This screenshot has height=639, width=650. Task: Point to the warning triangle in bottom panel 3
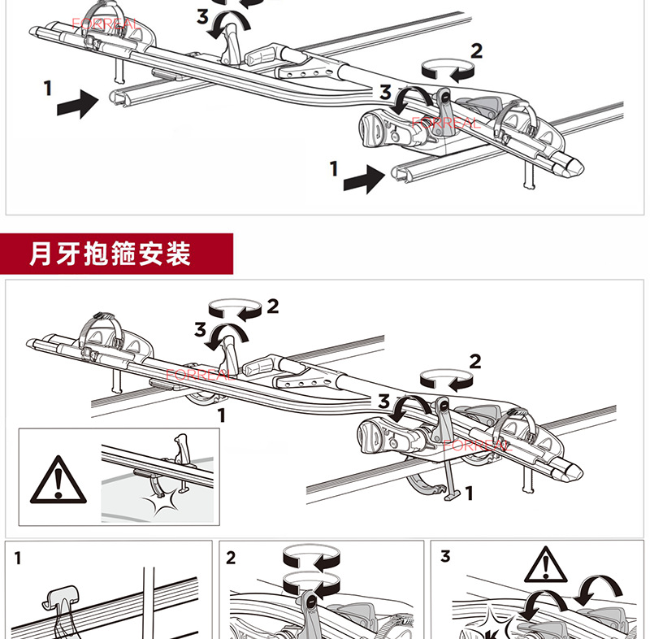[x=545, y=562]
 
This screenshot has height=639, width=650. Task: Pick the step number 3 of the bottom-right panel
[x=444, y=558]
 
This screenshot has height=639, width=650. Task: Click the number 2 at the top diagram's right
[x=476, y=51]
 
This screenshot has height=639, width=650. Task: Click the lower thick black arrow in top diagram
[x=363, y=178]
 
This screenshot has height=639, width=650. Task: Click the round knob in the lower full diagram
[x=371, y=435]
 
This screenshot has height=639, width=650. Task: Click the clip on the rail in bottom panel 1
[x=60, y=602]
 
